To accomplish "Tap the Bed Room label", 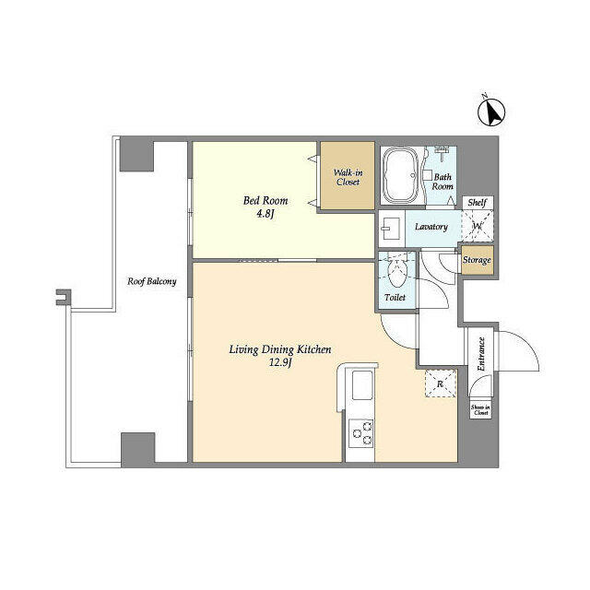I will (x=265, y=200).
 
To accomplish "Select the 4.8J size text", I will (x=265, y=216).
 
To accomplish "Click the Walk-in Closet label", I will (x=347, y=176).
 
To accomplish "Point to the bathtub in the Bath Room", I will (x=401, y=175).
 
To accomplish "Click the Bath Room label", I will (x=443, y=181).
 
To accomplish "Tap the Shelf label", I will (x=477, y=203).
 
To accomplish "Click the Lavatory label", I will (x=431, y=227).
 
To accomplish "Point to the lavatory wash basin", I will (x=390, y=228).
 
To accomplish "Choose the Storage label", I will (x=477, y=260).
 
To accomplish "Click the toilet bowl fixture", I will (x=396, y=271).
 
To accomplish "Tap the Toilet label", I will (x=395, y=299).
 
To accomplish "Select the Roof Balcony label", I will (x=152, y=282).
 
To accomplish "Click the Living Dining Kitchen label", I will (x=279, y=348).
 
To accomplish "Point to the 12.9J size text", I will (x=279, y=363).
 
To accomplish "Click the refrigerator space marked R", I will (x=440, y=383).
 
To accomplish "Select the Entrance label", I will (x=481, y=354).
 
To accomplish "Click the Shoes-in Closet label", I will (x=480, y=409).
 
